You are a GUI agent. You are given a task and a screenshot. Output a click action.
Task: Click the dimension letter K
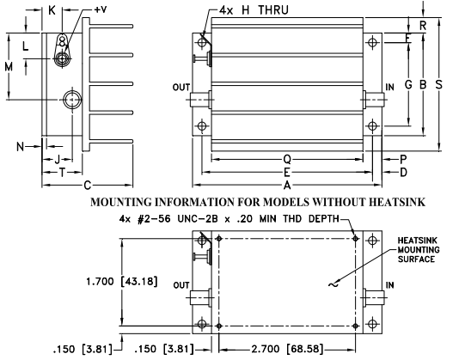click(x=52, y=10)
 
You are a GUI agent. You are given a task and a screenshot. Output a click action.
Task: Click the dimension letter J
click(x=57, y=159)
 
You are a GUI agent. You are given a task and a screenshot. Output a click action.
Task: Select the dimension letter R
click(x=422, y=25)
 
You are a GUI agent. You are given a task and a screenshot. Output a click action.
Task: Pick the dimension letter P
click(x=403, y=159)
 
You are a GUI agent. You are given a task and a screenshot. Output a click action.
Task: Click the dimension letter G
click(x=408, y=84)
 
